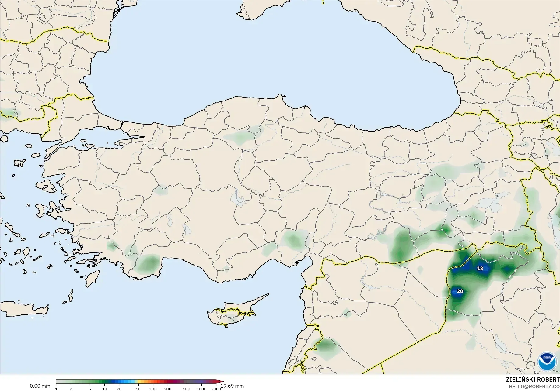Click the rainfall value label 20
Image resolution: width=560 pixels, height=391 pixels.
[460, 291]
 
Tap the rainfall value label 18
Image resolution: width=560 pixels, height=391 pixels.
[480, 268]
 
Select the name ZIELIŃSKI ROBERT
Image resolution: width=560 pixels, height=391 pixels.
[533, 379]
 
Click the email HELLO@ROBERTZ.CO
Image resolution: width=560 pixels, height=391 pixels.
[534, 386]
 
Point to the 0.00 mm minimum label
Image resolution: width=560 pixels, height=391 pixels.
[40, 386]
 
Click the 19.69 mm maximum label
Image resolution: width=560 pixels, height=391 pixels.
[233, 386]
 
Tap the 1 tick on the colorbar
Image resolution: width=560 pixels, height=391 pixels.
[56, 389]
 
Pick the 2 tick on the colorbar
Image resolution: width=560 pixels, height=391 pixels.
[71, 389]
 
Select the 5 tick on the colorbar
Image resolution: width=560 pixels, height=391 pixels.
[90, 389]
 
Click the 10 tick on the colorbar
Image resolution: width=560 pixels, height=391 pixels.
[104, 389]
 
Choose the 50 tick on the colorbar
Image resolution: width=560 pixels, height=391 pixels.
[138, 389]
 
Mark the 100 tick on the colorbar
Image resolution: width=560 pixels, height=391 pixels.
[153, 389]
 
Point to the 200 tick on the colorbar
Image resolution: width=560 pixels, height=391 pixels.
[168, 389]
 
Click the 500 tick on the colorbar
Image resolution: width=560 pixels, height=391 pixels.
[187, 389]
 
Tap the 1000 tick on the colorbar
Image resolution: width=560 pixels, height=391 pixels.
[201, 389]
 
